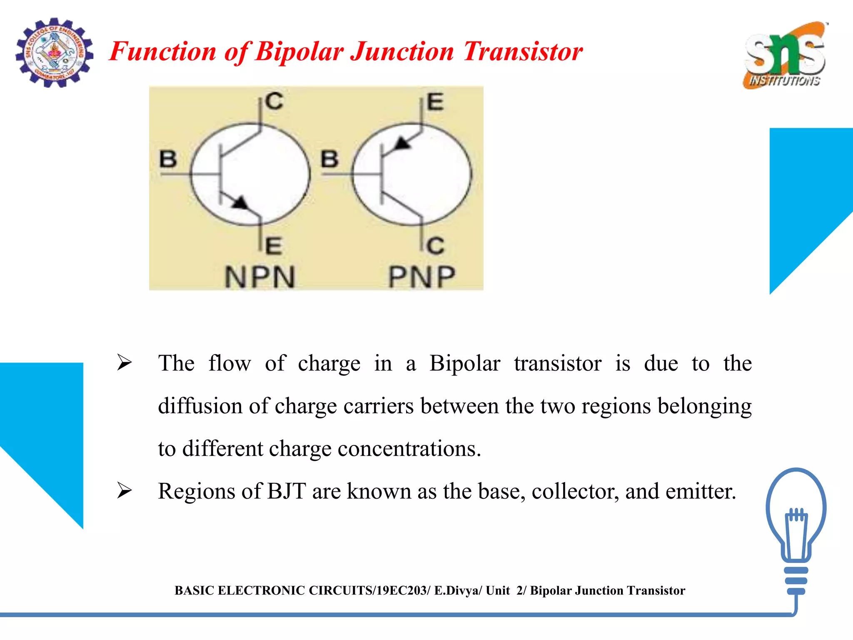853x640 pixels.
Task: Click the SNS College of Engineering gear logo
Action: (x=54, y=53)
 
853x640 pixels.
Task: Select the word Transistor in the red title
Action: (x=523, y=52)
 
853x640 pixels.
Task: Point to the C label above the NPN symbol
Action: (x=274, y=101)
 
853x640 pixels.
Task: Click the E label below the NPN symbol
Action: (x=274, y=246)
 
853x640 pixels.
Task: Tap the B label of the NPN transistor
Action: (x=168, y=159)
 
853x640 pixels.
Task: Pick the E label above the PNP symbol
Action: (x=435, y=102)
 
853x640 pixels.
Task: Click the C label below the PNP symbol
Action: (x=436, y=246)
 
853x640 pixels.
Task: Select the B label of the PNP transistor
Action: (x=329, y=159)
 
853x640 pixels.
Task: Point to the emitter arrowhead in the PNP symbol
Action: (x=402, y=144)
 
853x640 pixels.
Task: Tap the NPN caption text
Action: (x=260, y=277)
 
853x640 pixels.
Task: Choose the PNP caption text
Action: (x=422, y=277)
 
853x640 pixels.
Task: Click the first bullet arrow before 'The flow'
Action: (x=124, y=362)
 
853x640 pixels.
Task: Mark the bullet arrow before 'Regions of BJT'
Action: (x=124, y=490)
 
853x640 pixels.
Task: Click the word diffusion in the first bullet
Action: (x=200, y=406)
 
